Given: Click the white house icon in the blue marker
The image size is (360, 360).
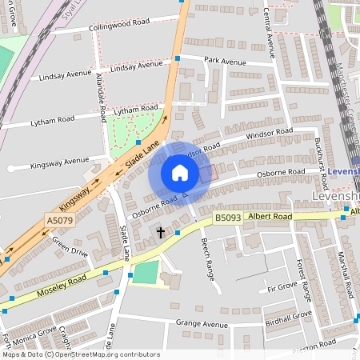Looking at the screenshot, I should point(180,173).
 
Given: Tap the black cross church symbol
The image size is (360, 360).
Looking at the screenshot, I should point(160,233).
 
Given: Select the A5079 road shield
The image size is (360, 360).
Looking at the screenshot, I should point(59,221).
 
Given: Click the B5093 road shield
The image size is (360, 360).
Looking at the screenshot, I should point(226,217).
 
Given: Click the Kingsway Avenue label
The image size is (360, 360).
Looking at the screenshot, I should point(59,161).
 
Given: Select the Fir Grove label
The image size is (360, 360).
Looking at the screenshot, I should point(282,286).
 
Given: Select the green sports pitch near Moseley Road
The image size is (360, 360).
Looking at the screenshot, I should point(146,273).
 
